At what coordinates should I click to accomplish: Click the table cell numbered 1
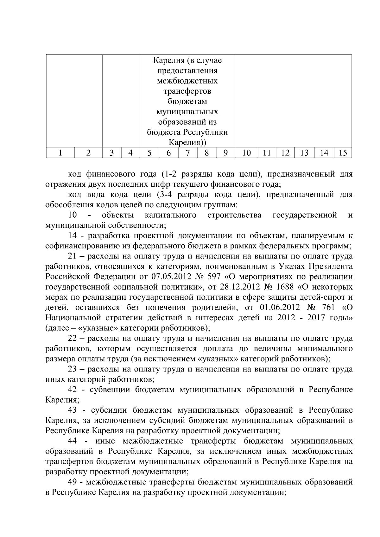[60, 153]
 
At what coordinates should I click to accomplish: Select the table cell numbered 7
[188, 153]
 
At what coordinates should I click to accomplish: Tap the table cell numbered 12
[285, 153]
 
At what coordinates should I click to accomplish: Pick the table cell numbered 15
[343, 153]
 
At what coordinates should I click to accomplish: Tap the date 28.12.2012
[237, 287]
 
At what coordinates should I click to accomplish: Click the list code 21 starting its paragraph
[73, 256]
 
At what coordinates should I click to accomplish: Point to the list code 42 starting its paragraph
[73, 390]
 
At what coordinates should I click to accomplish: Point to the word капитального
[170, 215]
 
